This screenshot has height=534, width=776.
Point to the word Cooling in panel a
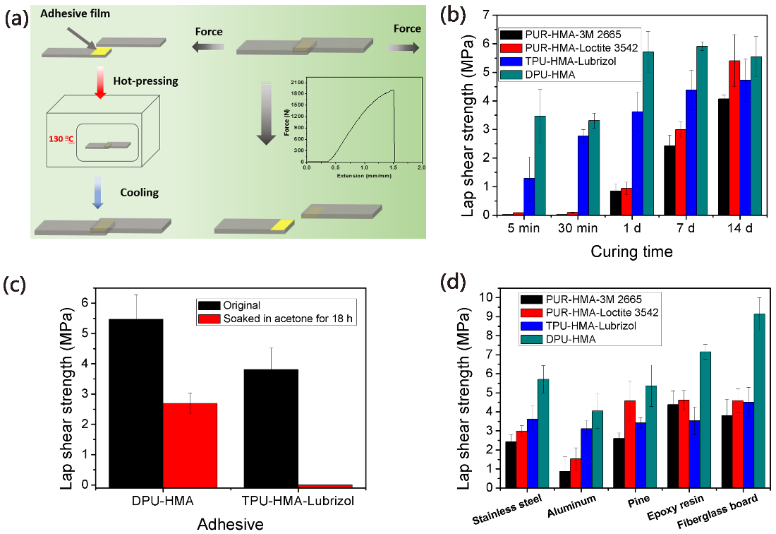click(x=140, y=192)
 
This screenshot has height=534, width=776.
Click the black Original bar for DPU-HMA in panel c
click(x=136, y=403)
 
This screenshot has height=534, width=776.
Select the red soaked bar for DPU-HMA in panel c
click(x=190, y=445)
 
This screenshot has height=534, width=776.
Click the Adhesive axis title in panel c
click(x=231, y=523)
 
